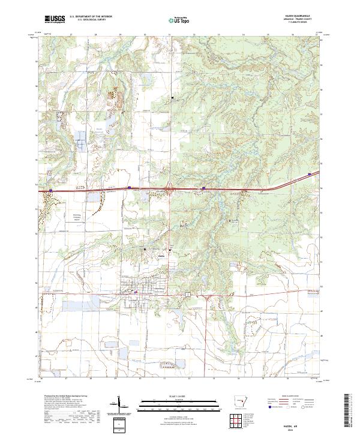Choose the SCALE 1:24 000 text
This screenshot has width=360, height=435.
178,395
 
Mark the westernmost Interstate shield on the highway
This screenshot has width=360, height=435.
51,191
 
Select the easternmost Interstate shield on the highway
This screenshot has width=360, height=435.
310,175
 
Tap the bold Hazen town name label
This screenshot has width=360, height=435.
161,253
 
